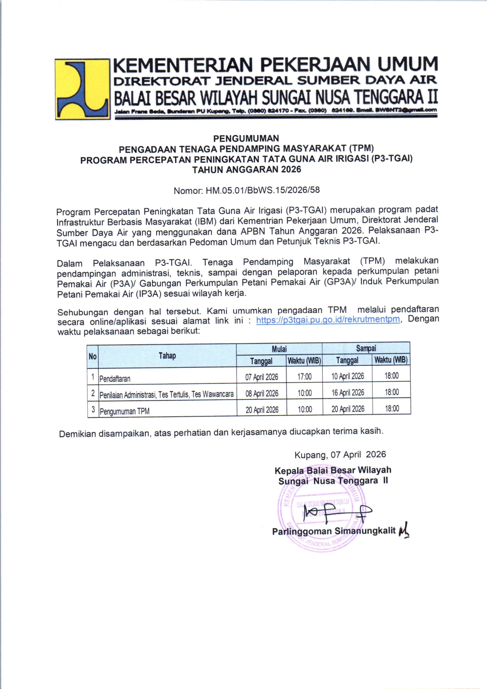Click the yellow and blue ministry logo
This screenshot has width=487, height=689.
[82, 89]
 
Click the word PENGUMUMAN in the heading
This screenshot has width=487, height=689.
[246, 138]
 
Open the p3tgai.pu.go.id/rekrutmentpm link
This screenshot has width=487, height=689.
[328, 320]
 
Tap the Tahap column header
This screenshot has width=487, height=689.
[167, 356]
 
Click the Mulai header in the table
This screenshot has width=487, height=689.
[279, 349]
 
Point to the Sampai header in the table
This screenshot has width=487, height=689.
[366, 348]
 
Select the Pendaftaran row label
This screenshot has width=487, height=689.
[115, 379]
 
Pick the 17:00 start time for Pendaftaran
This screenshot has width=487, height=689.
[305, 377]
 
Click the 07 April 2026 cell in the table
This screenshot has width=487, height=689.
[262, 377]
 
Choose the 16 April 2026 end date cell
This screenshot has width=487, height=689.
[348, 392]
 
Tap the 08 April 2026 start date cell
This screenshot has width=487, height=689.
[262, 393]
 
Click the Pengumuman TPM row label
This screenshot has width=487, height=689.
[124, 411]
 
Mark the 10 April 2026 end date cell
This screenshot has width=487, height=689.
[348, 376]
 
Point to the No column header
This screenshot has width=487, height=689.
[92, 356]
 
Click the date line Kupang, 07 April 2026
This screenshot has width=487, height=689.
[340, 455]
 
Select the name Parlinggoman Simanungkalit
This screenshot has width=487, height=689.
[334, 531]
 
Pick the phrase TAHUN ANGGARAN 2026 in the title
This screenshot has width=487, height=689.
[247, 169]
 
